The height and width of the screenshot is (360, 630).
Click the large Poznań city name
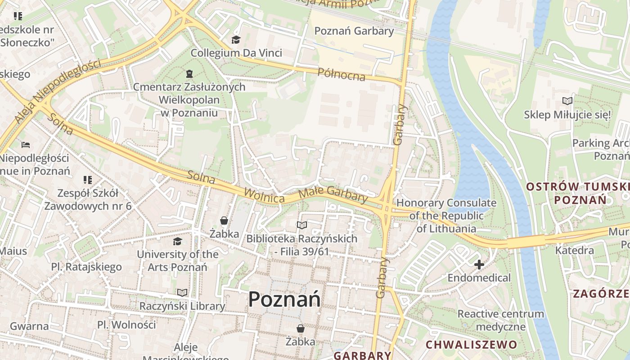pos(284,299)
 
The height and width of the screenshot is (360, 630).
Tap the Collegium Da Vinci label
pos(236,53)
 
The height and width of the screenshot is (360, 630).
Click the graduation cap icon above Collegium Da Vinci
pos(236,40)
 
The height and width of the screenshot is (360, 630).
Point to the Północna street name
pos(341,74)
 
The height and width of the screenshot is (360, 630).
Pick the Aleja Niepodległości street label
pos(57,90)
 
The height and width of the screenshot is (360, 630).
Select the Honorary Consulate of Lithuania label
pos(446,216)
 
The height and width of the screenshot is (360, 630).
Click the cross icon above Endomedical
pos(479,265)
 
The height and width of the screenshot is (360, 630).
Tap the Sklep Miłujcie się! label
pos(567,115)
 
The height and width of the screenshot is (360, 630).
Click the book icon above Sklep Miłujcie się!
pos(567,101)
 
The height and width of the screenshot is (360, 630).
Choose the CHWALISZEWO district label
pos(471,345)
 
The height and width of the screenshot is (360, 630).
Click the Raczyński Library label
pos(182,306)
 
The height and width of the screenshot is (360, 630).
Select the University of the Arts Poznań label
pos(177,261)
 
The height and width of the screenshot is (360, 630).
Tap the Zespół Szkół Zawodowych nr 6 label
pos(88,199)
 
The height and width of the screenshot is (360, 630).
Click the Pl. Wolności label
pos(126,324)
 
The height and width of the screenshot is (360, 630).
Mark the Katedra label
pos(575,250)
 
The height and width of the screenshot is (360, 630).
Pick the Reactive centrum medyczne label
pos(500,320)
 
